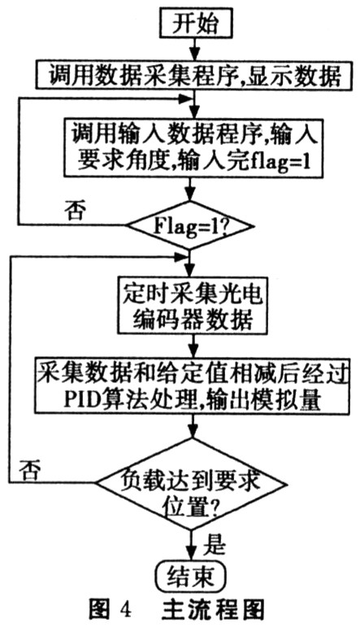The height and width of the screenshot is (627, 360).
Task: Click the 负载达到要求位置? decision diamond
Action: click(x=192, y=483)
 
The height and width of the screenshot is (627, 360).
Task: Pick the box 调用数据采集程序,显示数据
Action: click(x=194, y=75)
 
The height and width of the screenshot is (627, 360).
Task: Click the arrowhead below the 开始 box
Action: click(x=194, y=54)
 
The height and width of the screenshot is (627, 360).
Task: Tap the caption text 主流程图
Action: click(x=213, y=610)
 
